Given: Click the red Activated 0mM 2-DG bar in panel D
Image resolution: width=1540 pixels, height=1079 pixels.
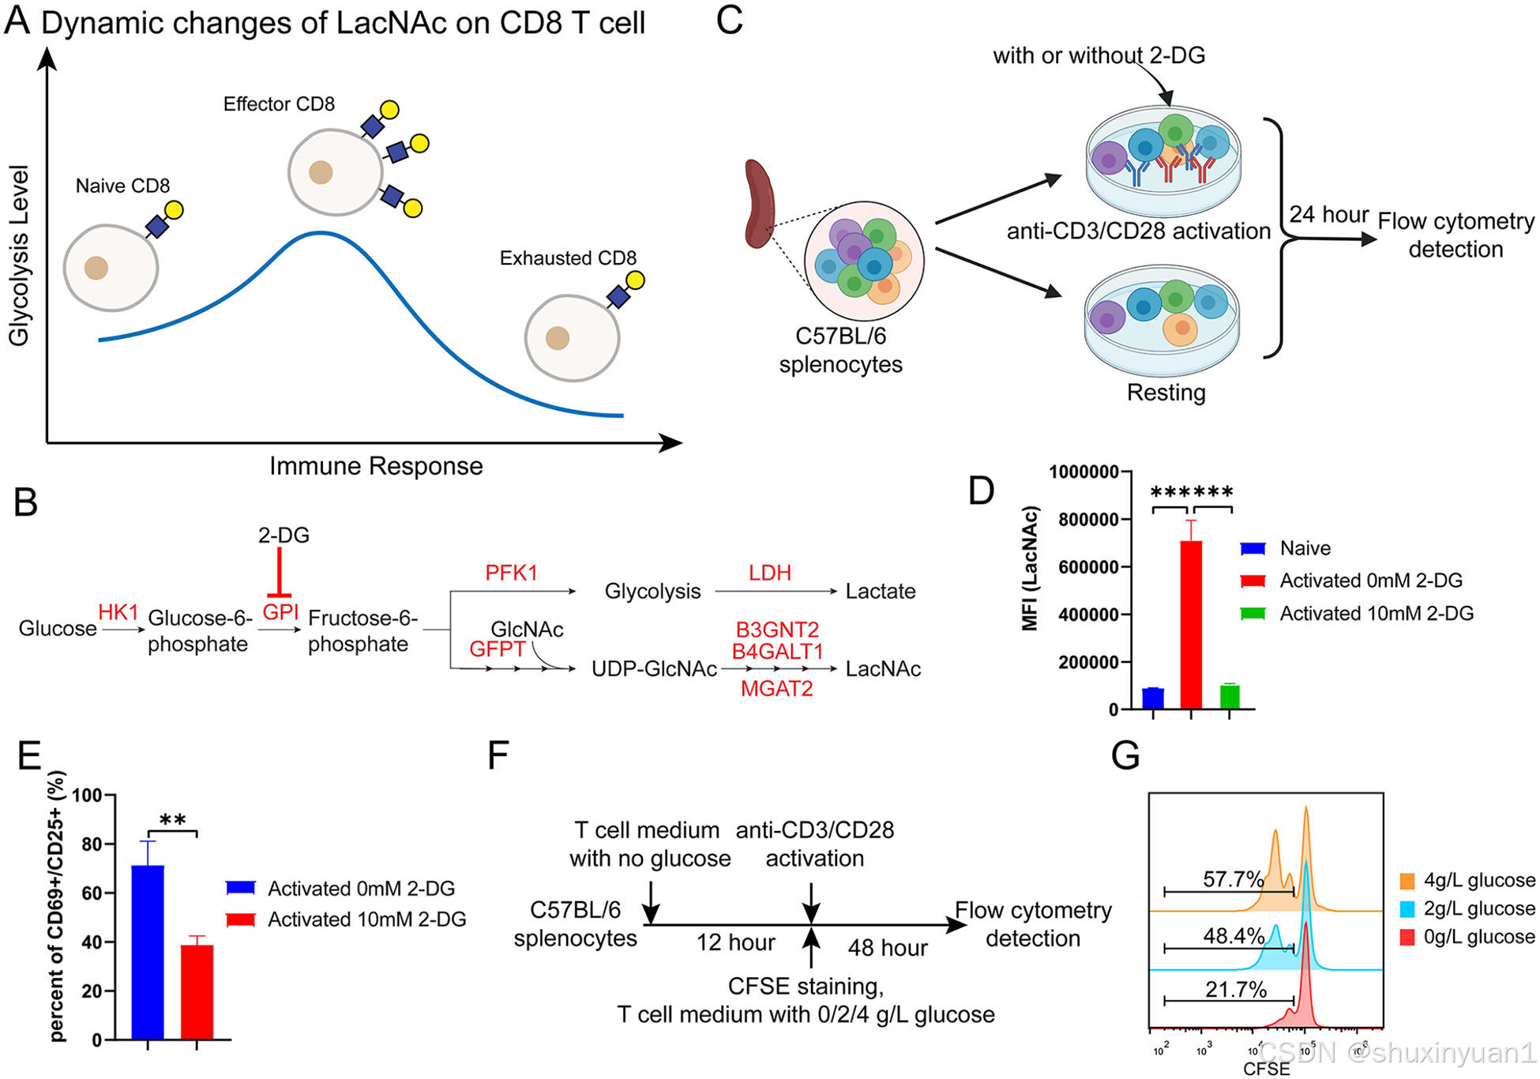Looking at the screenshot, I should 1190,624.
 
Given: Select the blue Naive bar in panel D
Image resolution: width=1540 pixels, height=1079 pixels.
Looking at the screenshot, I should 1152,698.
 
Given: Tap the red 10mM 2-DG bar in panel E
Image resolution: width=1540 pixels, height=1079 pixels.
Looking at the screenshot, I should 197,991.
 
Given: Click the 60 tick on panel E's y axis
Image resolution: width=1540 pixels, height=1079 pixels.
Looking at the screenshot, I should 92,893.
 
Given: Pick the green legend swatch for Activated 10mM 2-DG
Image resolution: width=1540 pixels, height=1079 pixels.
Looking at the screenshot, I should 1253,614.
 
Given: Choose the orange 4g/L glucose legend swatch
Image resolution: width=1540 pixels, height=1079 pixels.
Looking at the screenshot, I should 1407,881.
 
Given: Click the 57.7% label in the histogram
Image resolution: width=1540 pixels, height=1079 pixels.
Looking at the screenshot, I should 1233,878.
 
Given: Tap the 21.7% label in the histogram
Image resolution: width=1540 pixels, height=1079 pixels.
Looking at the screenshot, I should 1235,989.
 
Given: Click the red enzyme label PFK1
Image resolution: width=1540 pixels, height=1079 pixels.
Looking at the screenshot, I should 511,573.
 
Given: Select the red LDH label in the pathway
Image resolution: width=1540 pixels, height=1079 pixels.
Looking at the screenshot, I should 769,573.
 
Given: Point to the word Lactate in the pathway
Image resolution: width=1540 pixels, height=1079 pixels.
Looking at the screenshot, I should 880,592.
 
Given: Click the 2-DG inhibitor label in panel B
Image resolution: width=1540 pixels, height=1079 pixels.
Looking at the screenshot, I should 284,536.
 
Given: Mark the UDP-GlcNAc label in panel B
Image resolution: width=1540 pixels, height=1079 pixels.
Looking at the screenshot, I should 654,669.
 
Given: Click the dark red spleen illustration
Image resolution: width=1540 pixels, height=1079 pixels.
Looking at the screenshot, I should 759,203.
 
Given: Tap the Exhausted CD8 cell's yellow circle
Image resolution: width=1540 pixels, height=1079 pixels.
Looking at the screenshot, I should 635,280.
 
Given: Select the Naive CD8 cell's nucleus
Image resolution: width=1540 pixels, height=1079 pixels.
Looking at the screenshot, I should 96,268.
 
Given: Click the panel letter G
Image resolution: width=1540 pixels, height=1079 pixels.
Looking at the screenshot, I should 1125,755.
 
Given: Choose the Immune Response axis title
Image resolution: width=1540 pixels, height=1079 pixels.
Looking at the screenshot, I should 376,466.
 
